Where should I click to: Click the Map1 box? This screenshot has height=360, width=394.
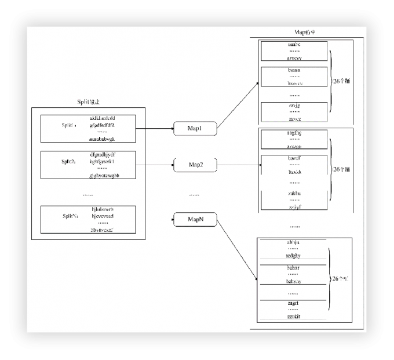point(195,129)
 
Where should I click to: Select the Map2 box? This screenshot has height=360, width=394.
point(195,165)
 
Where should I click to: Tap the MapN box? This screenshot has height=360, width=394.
point(195,219)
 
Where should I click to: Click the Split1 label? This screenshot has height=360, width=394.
point(70,125)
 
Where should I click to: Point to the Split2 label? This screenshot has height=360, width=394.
point(70,162)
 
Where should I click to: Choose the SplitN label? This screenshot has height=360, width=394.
point(70,216)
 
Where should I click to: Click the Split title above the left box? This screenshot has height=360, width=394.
point(89,101)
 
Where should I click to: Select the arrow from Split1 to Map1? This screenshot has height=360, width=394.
point(154,129)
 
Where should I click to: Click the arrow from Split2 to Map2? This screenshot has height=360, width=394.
point(154,165)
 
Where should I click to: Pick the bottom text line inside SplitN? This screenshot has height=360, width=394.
point(105,230)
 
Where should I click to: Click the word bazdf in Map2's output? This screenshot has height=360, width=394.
point(294,158)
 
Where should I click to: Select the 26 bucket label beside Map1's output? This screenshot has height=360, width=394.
point(341,81)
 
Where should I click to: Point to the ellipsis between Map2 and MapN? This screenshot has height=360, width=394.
point(194,194)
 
